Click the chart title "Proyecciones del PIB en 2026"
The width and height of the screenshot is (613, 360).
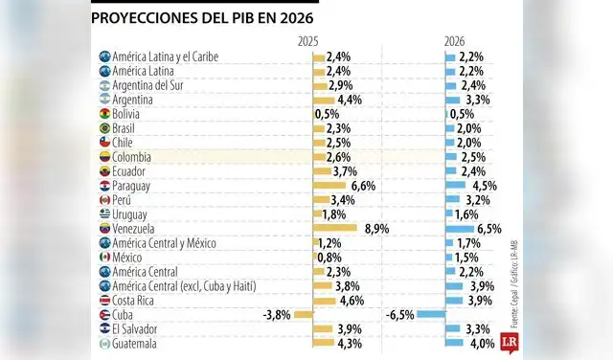[202, 18]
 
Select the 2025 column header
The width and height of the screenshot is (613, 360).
[308, 41]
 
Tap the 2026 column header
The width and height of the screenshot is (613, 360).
[454, 41]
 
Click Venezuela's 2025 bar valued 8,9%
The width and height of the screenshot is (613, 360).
[335, 228]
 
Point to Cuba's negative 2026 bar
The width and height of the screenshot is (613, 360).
[431, 314]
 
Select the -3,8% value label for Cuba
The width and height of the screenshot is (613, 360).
[277, 314]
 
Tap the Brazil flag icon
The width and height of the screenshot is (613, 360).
[104, 128]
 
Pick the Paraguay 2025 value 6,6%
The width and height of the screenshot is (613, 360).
[364, 185]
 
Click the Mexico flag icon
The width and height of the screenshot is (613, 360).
[104, 257]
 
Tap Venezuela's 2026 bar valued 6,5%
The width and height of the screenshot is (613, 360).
[460, 228]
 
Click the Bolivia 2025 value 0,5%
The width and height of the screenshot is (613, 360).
[327, 113]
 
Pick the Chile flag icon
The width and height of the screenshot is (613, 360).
[104, 142]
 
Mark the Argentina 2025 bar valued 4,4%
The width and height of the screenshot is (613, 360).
[324, 100]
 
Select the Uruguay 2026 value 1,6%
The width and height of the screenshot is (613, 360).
[467, 214]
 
